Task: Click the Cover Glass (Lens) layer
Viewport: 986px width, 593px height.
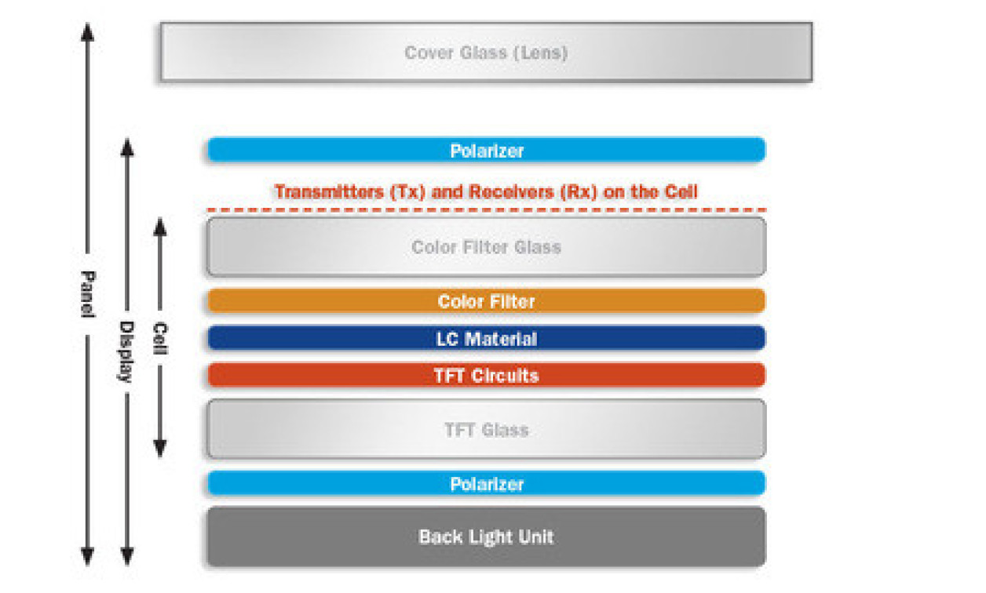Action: click(x=486, y=53)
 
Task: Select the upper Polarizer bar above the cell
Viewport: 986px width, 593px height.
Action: click(x=486, y=150)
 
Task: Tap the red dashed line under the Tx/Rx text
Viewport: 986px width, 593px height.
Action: click(x=486, y=210)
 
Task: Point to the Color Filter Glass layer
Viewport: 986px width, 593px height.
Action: click(x=486, y=247)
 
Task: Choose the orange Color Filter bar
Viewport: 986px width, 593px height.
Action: click(x=486, y=301)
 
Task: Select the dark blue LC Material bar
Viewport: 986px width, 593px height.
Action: click(x=486, y=339)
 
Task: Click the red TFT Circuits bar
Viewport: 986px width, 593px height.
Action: click(x=486, y=375)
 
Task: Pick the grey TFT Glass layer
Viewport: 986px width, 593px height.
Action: click(x=486, y=429)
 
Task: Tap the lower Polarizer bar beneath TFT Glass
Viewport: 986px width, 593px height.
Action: click(x=486, y=484)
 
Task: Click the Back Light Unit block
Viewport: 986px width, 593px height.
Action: click(x=486, y=537)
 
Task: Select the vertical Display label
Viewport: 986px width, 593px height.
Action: click(x=126, y=351)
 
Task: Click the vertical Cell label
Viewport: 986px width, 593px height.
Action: click(x=160, y=338)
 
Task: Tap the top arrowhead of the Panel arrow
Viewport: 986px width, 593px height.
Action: click(x=88, y=32)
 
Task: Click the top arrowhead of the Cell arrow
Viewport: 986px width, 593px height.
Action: click(x=160, y=227)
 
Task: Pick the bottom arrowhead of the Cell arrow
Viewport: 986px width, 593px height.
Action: click(x=160, y=449)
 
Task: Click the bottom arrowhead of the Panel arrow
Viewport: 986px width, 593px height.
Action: click(x=88, y=556)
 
